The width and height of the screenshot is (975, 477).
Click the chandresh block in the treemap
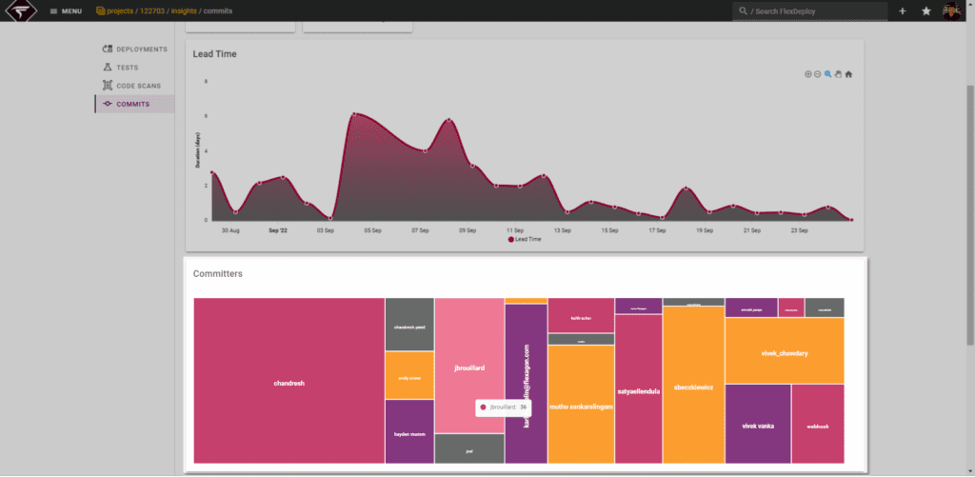pyautogui.click(x=289, y=383)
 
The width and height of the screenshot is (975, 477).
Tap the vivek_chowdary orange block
pyautogui.click(x=784, y=352)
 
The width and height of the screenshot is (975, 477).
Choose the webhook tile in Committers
pyautogui.click(x=817, y=425)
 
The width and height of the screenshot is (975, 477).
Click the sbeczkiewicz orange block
pyautogui.click(x=692, y=388)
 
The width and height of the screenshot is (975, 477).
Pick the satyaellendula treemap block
pyautogui.click(x=639, y=389)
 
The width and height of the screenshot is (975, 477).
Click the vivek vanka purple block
pyautogui.click(x=757, y=425)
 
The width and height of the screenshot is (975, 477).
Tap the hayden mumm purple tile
pyautogui.click(x=408, y=432)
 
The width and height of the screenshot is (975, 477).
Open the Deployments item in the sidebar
pyautogui.click(x=141, y=49)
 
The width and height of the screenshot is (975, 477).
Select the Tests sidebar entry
pyautogui.click(x=127, y=68)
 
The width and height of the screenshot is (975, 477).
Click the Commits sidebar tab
pyautogui.click(x=132, y=104)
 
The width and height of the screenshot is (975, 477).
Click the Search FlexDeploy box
pyautogui.click(x=814, y=10)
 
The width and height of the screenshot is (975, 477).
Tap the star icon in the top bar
pyautogui.click(x=925, y=10)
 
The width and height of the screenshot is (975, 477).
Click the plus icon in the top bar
pyautogui.click(x=902, y=10)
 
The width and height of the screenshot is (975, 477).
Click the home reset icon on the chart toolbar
pyautogui.click(x=848, y=74)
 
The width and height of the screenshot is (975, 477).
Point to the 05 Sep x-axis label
pyautogui.click(x=371, y=229)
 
